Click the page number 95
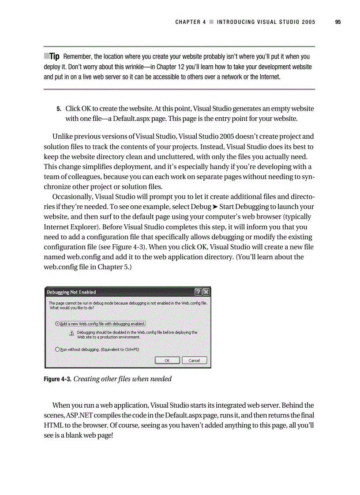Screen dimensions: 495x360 point(338,22)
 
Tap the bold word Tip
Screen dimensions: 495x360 point(54,56)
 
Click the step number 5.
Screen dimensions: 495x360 point(58,108)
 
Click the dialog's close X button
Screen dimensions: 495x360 point(206,292)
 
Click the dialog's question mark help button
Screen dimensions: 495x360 point(198,292)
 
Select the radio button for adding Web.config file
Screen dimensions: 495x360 point(57,323)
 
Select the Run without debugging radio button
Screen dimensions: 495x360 point(57,350)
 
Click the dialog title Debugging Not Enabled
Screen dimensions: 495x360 point(71,292)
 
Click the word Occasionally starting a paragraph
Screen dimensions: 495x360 point(73,196)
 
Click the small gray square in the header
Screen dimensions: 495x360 point(212,22)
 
